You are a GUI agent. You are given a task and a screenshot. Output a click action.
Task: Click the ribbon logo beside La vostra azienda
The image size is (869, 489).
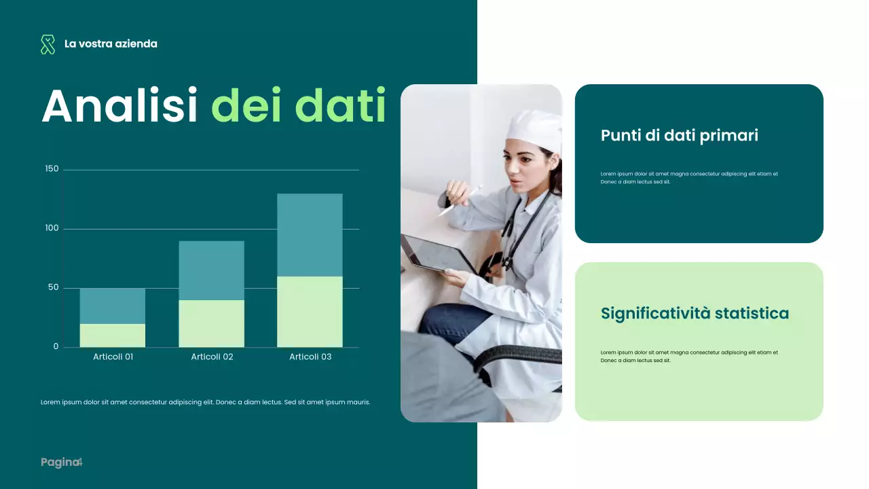pyautogui.click(x=48, y=44)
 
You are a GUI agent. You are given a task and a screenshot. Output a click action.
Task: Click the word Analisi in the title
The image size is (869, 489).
pyautogui.click(x=119, y=106)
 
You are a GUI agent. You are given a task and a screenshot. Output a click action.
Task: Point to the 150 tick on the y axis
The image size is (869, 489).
pyautogui.click(x=52, y=168)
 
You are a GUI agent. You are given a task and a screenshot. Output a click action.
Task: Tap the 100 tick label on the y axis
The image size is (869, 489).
pyautogui.click(x=52, y=228)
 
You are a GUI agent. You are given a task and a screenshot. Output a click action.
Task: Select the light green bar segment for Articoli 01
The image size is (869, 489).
pyautogui.click(x=113, y=336)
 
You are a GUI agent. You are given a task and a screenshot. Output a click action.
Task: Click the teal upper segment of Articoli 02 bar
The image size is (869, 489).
pyautogui.click(x=211, y=270)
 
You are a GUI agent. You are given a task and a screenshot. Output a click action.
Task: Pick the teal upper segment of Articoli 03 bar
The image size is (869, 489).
pyautogui.click(x=310, y=235)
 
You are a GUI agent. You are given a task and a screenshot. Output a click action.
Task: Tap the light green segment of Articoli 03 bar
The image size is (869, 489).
pyautogui.click(x=310, y=312)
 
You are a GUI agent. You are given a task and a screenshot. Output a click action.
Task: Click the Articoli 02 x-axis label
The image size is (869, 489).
pyautogui.click(x=212, y=357)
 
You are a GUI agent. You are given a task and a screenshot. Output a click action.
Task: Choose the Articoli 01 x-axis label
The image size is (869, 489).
pyautogui.click(x=113, y=357)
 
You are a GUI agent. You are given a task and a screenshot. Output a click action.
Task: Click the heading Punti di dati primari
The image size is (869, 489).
pyautogui.click(x=679, y=135)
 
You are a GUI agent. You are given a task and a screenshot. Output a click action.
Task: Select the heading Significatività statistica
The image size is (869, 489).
pyautogui.click(x=695, y=313)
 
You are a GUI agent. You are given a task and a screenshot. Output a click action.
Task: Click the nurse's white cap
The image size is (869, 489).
pyautogui.click(x=535, y=129)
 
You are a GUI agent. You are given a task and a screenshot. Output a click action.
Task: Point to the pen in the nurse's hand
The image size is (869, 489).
pyautogui.click(x=461, y=200)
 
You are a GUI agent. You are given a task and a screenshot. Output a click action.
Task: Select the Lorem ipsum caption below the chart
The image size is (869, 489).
pyautogui.click(x=206, y=402)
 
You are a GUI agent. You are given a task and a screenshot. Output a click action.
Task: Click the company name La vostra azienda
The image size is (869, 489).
pyautogui.click(x=111, y=43)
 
